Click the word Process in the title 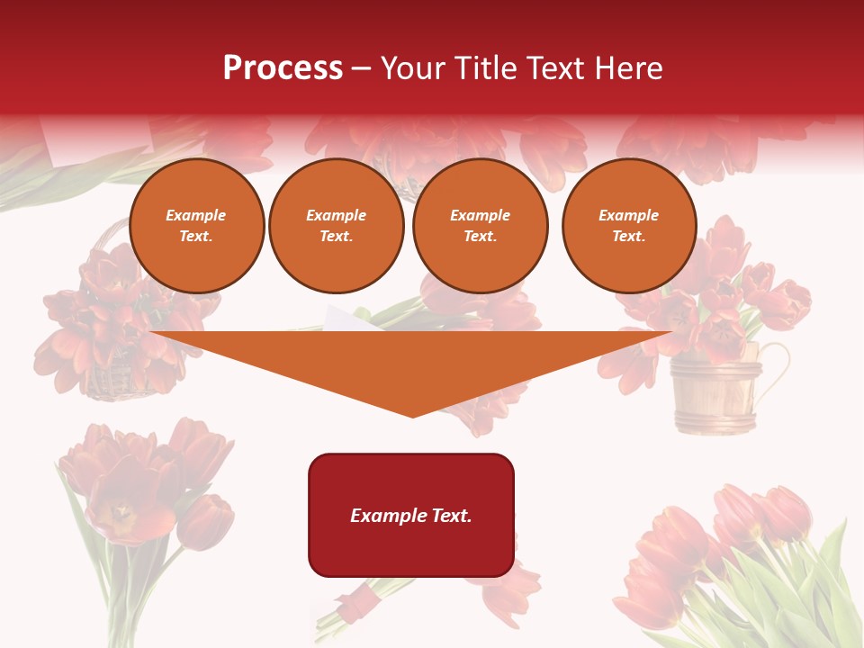tap(283, 68)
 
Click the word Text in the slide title tap(556, 68)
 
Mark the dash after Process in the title tap(362, 69)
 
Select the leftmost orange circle tap(196, 226)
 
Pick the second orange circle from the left tap(336, 226)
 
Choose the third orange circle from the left tap(480, 226)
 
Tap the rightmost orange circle tap(628, 226)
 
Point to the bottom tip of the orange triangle tap(412, 416)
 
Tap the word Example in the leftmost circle tap(196, 215)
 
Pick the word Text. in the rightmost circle tap(628, 237)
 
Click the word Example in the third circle tap(480, 215)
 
